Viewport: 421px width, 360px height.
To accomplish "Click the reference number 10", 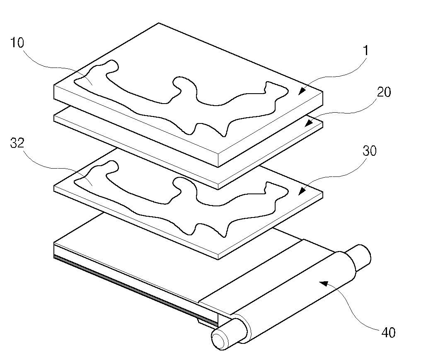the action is point(17,43).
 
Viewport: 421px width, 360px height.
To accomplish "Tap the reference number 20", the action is point(383,92).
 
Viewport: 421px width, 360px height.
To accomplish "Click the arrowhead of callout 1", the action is point(302,90).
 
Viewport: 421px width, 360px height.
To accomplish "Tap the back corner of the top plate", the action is point(158,23).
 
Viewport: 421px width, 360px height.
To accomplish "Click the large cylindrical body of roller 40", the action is point(298,298).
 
